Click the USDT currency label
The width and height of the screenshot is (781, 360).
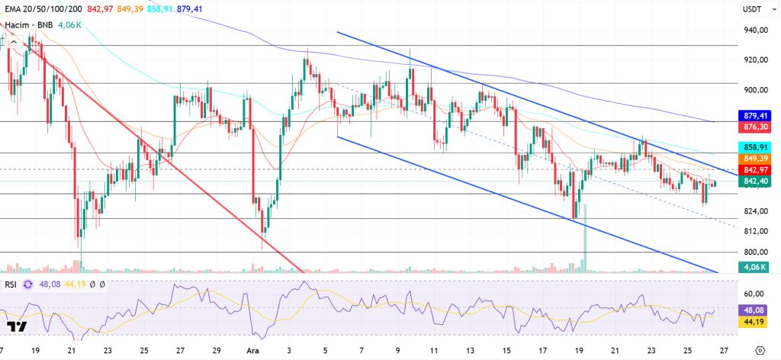pos(754,10)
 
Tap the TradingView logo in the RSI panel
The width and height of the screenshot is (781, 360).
pos(18,326)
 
